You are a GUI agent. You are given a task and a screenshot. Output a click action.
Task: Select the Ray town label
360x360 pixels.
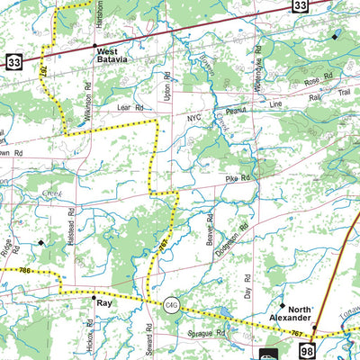coord(103,304)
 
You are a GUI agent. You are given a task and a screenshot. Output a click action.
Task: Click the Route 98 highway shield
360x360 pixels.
coord(308,349)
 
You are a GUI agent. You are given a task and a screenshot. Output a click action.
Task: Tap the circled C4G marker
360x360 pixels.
coord(171,305)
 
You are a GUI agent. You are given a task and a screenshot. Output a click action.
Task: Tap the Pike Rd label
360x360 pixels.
coord(238,179)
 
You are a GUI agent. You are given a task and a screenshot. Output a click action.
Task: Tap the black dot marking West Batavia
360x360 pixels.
coord(94,45)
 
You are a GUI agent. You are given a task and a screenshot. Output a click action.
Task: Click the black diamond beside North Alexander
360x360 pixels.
coord(282,305)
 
